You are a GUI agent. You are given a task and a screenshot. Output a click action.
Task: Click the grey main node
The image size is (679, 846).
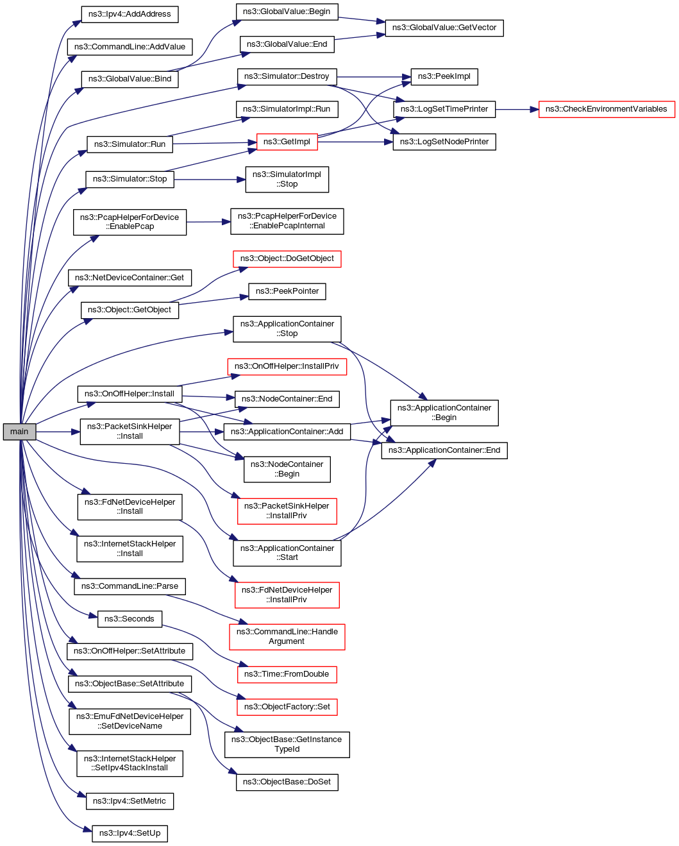[x=19, y=432]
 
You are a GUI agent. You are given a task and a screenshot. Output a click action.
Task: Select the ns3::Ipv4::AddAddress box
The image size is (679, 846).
[x=130, y=14]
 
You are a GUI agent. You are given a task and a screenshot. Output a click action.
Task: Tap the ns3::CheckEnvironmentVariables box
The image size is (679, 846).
[x=606, y=109]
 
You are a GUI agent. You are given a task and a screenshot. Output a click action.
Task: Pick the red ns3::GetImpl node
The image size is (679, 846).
[x=287, y=142]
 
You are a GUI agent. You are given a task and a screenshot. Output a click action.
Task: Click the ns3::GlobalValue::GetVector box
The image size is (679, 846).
[x=444, y=28]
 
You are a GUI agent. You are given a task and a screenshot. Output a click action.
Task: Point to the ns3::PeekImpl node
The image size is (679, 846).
[x=444, y=76]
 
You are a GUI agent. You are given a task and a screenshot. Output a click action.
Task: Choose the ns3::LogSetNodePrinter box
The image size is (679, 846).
[x=444, y=142]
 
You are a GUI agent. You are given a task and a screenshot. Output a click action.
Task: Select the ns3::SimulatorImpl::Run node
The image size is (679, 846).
[x=286, y=109]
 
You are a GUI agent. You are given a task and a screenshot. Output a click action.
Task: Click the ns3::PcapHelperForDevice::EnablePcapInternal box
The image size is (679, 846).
[x=287, y=221]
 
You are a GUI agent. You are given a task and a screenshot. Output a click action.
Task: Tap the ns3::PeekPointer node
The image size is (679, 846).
[x=287, y=291]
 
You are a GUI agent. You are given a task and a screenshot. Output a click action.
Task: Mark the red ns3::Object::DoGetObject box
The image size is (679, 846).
[x=287, y=258]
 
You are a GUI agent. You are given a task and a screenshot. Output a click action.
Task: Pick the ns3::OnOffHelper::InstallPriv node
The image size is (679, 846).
[x=287, y=366]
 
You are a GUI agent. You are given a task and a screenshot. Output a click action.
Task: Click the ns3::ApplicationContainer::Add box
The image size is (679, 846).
[x=287, y=432]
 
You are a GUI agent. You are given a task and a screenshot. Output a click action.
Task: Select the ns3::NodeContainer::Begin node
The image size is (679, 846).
[x=287, y=469]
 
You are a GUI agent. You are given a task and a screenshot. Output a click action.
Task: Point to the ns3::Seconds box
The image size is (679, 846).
[x=129, y=619]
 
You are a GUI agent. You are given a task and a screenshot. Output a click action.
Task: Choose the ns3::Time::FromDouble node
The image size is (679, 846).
[x=287, y=674]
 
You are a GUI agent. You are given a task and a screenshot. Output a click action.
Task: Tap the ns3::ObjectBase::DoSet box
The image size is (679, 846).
[x=287, y=782]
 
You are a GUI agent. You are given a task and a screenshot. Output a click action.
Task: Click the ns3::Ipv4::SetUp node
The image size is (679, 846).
[x=130, y=833]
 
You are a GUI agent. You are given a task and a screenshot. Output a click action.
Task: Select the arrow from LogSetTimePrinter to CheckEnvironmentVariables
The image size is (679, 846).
[x=517, y=110]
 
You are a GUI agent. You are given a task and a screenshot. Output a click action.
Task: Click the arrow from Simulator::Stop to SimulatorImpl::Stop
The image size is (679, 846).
[x=210, y=180]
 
